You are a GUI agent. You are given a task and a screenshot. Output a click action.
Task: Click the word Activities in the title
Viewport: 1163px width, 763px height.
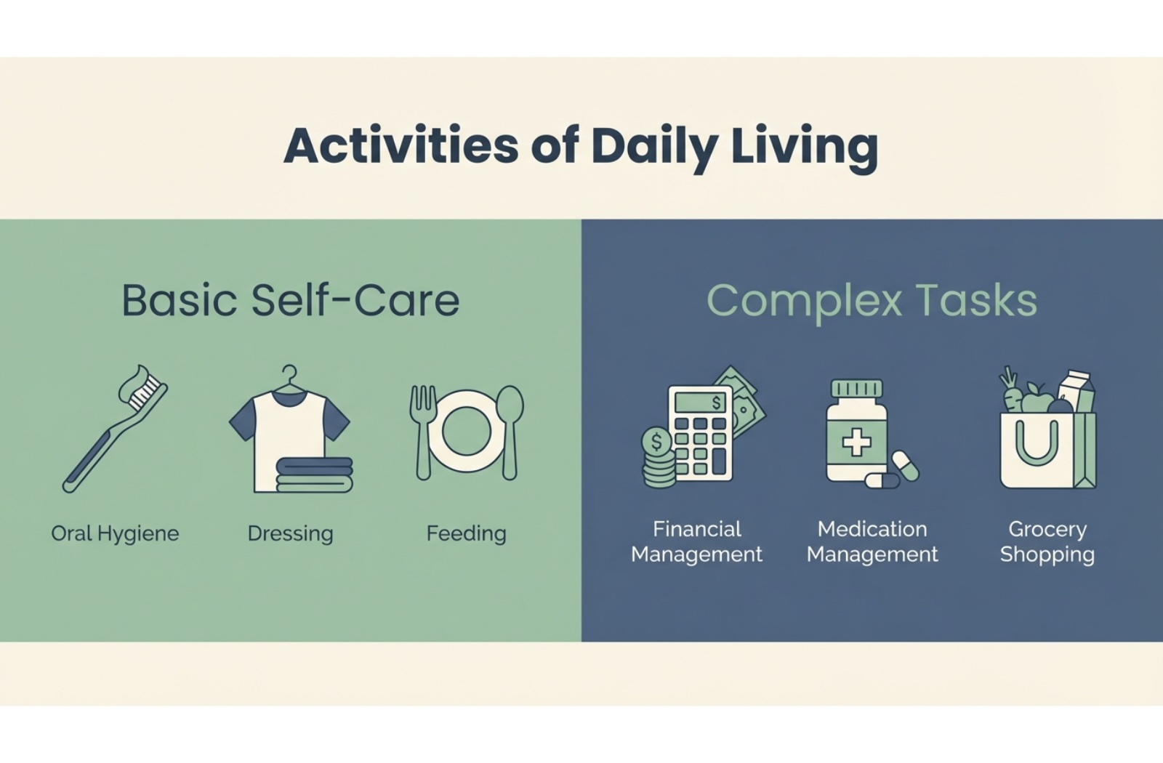pyautogui.click(x=401, y=145)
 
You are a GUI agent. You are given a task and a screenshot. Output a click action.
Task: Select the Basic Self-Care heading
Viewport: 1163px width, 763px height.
pyautogui.click(x=291, y=300)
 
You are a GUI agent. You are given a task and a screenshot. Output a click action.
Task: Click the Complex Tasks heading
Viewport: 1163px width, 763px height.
pyautogui.click(x=872, y=302)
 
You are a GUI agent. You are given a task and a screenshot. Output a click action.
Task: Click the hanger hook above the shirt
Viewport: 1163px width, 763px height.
pyautogui.click(x=289, y=375)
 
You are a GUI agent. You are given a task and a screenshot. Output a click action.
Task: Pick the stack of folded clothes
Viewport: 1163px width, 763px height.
pyautogui.click(x=314, y=475)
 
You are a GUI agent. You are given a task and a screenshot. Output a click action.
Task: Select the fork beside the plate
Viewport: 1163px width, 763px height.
pyautogui.click(x=423, y=432)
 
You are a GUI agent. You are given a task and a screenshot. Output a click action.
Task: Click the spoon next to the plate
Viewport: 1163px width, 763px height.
pyautogui.click(x=510, y=432)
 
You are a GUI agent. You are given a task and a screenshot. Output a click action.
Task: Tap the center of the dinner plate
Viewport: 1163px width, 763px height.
pyautogui.click(x=467, y=432)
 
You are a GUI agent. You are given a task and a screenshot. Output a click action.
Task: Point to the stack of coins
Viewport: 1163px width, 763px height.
pyautogui.click(x=659, y=457)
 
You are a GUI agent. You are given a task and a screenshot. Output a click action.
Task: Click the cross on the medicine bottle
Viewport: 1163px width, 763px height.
pyautogui.click(x=856, y=443)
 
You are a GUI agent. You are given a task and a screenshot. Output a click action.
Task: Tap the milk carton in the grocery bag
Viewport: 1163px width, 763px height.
pyautogui.click(x=1077, y=392)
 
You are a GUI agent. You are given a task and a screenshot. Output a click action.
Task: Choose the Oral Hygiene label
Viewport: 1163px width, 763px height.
pyautogui.click(x=115, y=534)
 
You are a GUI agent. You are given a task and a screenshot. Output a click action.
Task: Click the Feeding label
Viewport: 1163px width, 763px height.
pyautogui.click(x=466, y=534)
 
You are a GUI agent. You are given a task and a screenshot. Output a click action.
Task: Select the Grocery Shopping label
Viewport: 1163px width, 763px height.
pyautogui.click(x=1047, y=542)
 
